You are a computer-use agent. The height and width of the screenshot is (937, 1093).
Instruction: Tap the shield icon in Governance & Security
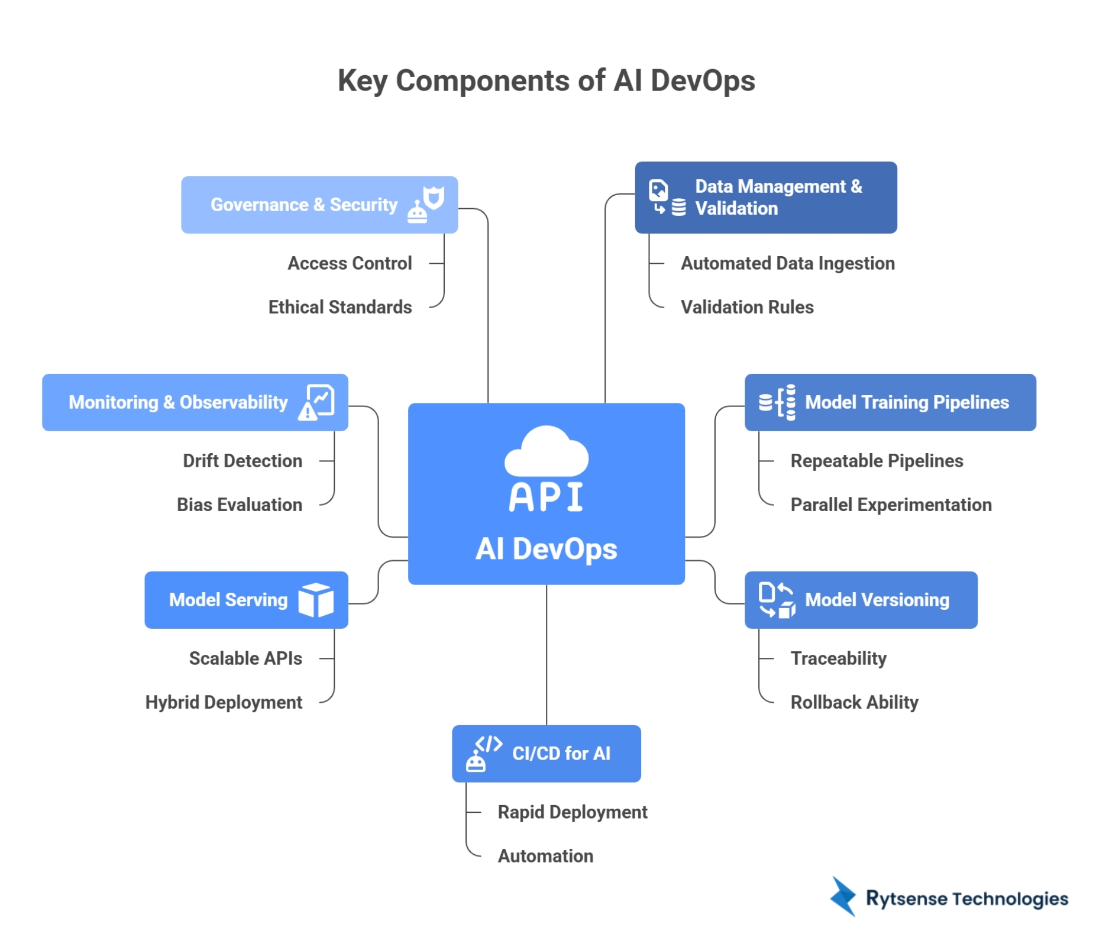click(434, 198)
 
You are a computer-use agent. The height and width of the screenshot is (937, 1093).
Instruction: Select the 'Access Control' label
click(350, 263)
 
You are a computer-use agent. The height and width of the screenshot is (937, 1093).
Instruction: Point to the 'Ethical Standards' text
click(340, 307)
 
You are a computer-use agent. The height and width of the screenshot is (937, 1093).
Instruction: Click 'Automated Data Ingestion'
click(787, 263)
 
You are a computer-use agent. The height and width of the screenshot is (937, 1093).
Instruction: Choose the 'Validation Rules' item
click(747, 307)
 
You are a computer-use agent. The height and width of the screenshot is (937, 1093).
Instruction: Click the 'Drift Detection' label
click(242, 461)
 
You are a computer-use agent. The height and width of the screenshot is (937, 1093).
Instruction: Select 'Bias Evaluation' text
click(240, 505)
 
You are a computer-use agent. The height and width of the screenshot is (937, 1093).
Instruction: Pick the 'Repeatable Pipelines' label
click(877, 461)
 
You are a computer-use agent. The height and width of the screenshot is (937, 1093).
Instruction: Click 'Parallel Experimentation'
click(891, 505)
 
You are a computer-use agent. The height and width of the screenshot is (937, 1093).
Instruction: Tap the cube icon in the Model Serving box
click(316, 600)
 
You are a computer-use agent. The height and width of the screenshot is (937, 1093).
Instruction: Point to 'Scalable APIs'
click(245, 658)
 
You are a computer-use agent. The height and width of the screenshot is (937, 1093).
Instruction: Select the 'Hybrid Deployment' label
click(224, 702)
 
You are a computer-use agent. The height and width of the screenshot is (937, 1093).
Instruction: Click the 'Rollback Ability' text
click(854, 702)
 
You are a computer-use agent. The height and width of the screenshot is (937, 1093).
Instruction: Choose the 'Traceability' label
click(838, 658)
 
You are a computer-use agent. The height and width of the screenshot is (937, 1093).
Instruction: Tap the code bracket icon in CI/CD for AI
click(489, 744)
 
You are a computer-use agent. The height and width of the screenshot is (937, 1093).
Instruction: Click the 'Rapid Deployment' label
click(573, 812)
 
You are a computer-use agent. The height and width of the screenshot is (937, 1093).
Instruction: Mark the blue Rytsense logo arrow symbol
click(843, 897)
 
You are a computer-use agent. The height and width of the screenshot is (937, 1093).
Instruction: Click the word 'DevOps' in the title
click(703, 80)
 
